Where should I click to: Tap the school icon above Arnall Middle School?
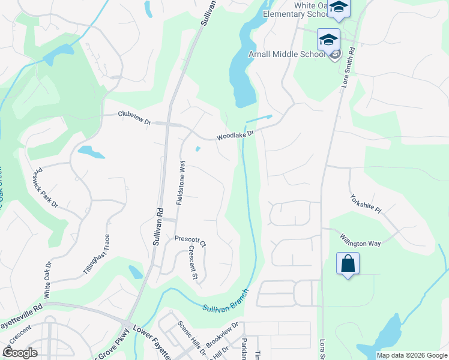(x=328, y=40)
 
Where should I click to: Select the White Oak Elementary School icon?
(x=339, y=8)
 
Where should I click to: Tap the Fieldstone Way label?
(x=181, y=182)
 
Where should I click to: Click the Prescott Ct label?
(x=190, y=241)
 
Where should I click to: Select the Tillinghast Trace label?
(x=96, y=254)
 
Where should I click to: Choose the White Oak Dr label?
(x=48, y=279)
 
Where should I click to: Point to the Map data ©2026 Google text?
(x=412, y=355)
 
